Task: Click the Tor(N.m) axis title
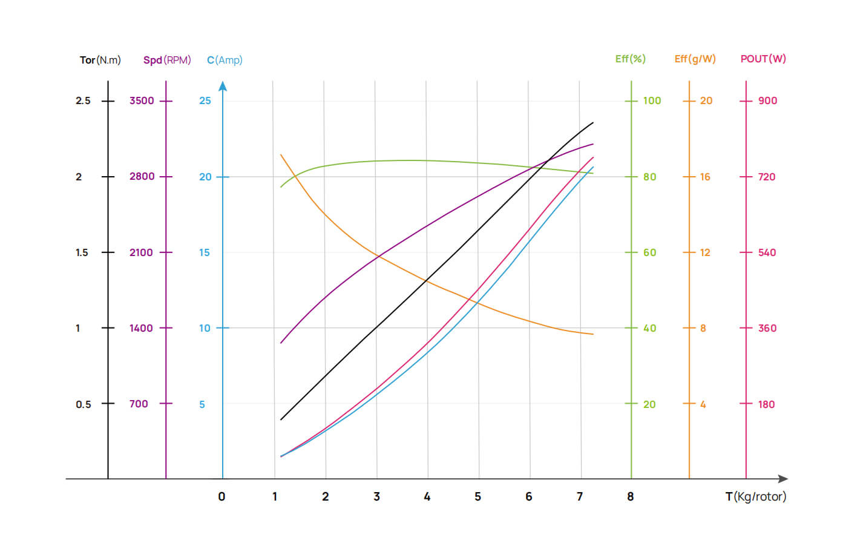[x=100, y=60]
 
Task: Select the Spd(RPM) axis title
[x=167, y=60]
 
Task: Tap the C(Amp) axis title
[x=225, y=60]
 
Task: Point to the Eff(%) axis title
[x=630, y=59]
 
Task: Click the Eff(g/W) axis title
[x=695, y=59]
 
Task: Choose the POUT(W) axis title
[x=763, y=59]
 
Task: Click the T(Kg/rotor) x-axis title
[x=756, y=497]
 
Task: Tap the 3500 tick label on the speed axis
[x=142, y=100]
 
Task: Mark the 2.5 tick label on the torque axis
[x=83, y=100]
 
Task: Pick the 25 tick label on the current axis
[x=205, y=100]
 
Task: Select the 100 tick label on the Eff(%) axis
[x=652, y=100]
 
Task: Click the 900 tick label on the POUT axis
[x=767, y=100]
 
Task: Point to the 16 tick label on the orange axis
[x=705, y=177]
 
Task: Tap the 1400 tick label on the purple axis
[x=141, y=328]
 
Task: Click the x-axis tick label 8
[x=631, y=497]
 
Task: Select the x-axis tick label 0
[x=221, y=497]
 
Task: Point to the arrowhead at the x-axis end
[x=783, y=479]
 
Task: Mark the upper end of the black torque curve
[x=592, y=123]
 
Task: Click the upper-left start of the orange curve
[x=281, y=155]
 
